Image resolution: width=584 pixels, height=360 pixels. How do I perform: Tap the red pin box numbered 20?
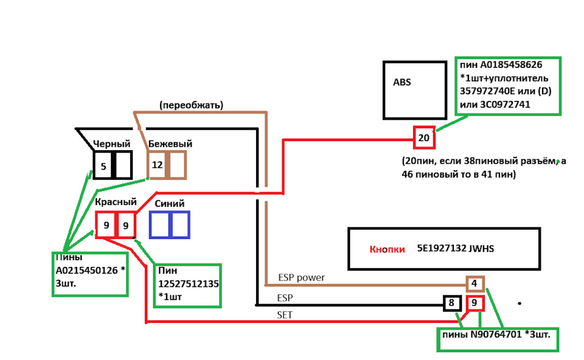click(424, 137)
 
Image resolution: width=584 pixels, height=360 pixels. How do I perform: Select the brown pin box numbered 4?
click(474, 283)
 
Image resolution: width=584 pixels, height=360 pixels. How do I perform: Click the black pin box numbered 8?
click(451, 303)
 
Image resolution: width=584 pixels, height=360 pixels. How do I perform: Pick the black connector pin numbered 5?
click(103, 165)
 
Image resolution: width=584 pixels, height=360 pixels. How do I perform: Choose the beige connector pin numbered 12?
click(157, 165)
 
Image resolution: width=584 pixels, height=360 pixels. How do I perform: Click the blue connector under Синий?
click(170, 224)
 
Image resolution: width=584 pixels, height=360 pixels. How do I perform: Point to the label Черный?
click(111, 144)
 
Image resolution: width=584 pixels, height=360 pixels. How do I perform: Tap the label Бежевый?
click(170, 144)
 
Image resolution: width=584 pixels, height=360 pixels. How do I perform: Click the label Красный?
click(116, 202)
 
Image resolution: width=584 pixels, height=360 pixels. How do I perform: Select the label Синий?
click(170, 204)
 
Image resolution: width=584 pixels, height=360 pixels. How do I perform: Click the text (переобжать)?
click(191, 105)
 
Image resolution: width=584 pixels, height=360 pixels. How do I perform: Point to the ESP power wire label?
click(301, 278)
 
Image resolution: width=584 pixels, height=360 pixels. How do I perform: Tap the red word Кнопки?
click(387, 249)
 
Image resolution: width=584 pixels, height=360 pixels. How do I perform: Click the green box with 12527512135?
click(187, 285)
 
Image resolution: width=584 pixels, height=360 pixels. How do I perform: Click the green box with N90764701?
click(498, 338)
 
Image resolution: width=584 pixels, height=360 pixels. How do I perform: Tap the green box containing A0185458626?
click(508, 85)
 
